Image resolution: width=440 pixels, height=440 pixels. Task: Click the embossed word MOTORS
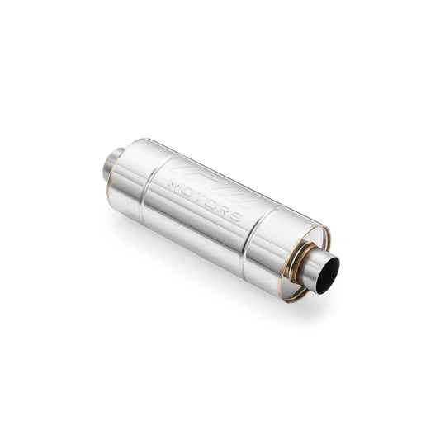pyautogui.click(x=203, y=197)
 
